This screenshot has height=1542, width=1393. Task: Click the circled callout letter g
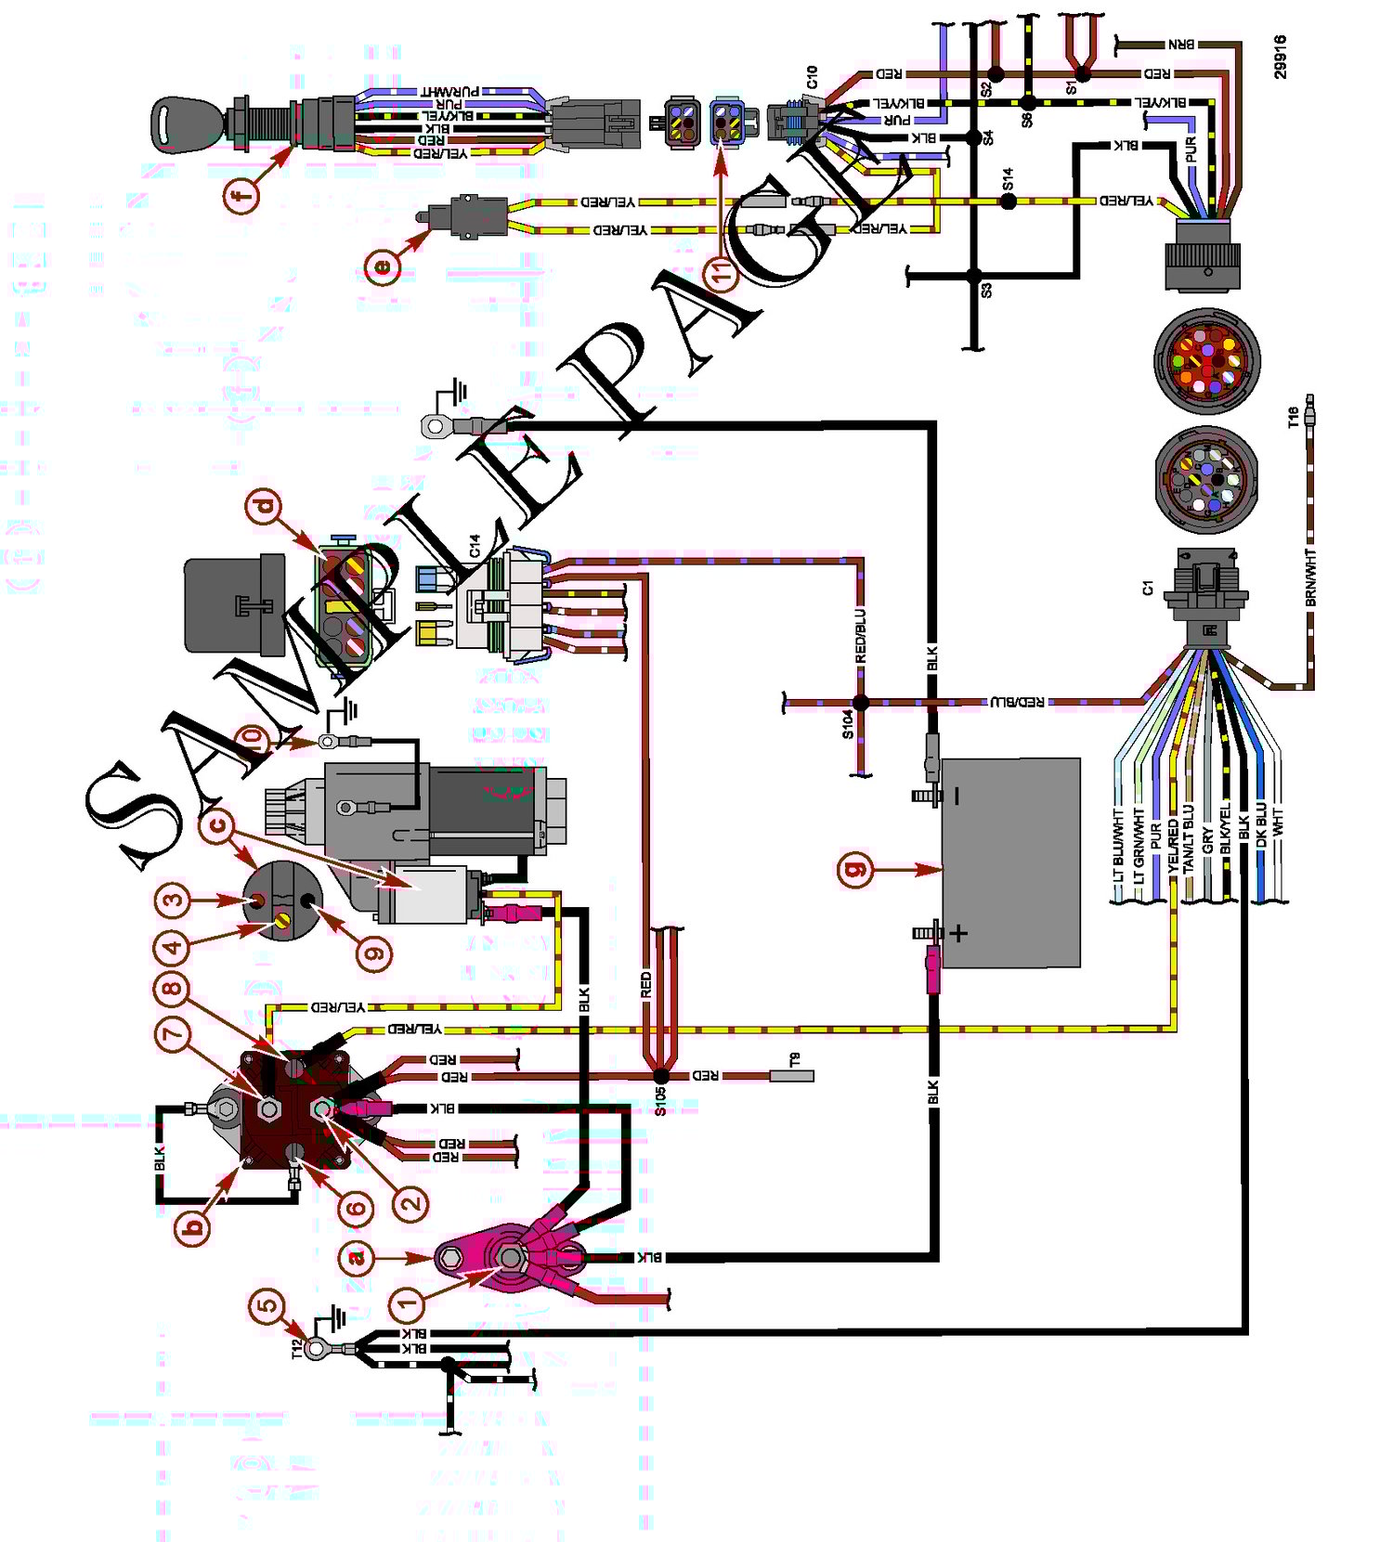point(855,870)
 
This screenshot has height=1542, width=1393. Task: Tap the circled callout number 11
point(722,272)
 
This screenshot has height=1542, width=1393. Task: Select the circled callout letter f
point(241,196)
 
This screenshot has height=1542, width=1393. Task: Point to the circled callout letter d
point(265,506)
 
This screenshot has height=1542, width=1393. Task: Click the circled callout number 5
point(267,1305)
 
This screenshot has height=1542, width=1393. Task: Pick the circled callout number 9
point(374,952)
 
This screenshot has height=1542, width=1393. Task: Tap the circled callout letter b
point(194,1226)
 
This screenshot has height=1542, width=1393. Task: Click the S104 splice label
point(848,724)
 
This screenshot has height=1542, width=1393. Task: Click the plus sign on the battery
point(959,933)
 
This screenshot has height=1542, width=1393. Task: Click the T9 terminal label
point(794,1058)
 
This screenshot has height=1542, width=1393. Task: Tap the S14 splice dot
point(1009,201)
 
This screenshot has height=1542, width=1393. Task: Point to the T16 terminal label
point(1293,418)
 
